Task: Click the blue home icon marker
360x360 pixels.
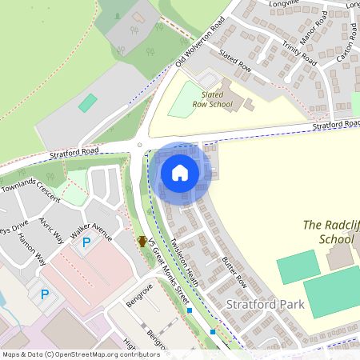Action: click(x=180, y=172)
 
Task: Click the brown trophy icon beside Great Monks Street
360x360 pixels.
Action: click(x=142, y=240)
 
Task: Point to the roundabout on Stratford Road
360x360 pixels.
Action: click(x=140, y=145)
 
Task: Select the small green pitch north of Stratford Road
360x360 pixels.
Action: click(x=88, y=103)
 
